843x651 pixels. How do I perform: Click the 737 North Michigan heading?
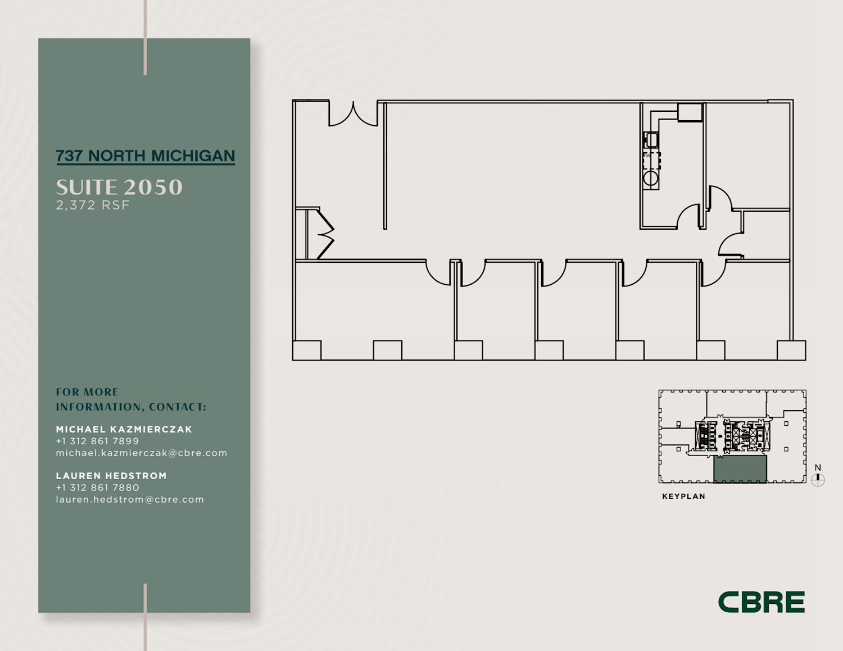point(146,156)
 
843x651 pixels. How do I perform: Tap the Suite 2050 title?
point(119,188)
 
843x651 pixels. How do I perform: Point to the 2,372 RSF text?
point(93,205)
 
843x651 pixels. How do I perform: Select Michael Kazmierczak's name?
point(124,429)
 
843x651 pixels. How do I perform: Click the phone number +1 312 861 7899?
point(97,441)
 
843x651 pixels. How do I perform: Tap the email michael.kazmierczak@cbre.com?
point(142,453)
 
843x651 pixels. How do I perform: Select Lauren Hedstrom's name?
point(111,476)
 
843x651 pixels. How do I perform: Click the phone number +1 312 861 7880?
point(97,488)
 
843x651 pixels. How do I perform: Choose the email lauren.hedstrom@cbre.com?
point(130,499)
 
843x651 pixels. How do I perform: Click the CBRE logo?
point(762,602)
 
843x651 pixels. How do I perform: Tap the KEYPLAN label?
point(683,497)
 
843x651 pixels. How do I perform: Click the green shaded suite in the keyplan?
point(740,469)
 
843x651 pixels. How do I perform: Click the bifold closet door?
point(325,234)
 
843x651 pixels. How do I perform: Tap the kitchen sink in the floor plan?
point(651,140)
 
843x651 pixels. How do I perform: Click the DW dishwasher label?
point(647,156)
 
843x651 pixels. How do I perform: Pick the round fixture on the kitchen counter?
point(651,179)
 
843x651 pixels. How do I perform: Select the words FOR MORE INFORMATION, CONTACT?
point(131,399)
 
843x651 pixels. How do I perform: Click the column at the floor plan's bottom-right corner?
point(791,350)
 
